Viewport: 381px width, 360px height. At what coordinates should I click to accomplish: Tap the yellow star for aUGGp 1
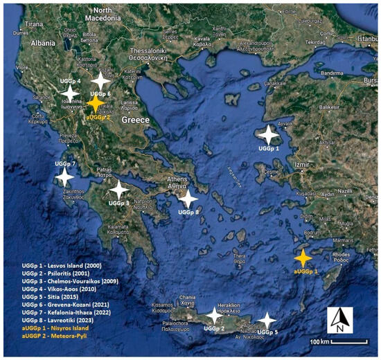[x=303, y=258]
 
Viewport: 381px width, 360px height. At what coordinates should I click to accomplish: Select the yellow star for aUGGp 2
[x=95, y=103]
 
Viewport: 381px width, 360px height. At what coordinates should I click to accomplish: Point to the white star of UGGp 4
[x=70, y=92]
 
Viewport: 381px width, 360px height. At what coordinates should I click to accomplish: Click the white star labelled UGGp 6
[x=103, y=80]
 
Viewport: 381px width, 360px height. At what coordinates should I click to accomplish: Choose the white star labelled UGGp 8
[x=187, y=199]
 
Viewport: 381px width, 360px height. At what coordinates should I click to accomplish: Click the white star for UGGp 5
[x=266, y=321]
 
